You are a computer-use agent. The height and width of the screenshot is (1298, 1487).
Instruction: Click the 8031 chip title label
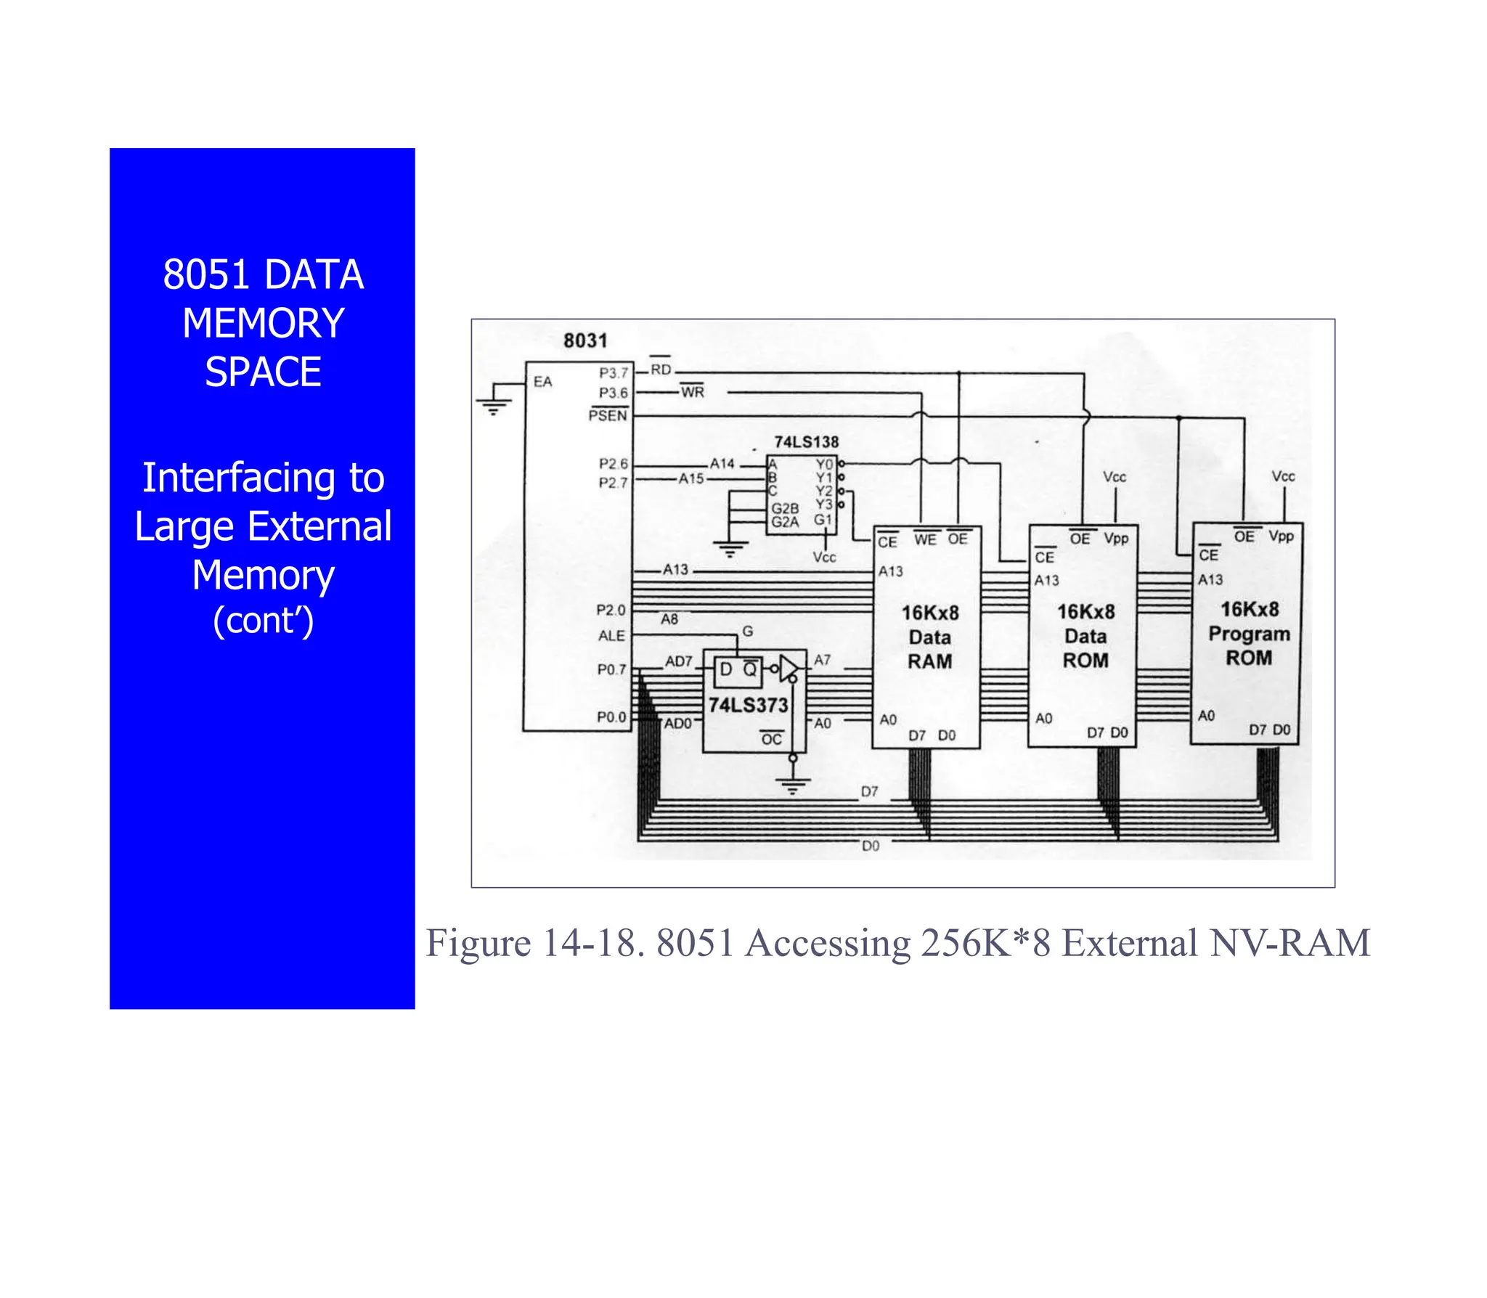(584, 340)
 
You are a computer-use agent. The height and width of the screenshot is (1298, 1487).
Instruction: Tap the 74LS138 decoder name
(806, 442)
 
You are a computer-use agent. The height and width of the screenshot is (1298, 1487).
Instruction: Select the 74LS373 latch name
(748, 705)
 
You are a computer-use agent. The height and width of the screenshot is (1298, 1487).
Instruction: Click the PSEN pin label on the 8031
(608, 415)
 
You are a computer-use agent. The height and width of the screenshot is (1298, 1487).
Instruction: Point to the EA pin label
(542, 382)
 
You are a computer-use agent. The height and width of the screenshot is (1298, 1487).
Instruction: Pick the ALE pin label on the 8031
(611, 636)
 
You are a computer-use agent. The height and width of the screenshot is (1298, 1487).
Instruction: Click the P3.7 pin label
(613, 373)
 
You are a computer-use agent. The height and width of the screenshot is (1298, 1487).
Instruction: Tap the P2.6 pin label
(613, 464)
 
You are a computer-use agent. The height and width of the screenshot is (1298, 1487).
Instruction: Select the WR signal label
(693, 392)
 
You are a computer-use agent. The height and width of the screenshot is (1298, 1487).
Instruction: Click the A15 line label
(691, 479)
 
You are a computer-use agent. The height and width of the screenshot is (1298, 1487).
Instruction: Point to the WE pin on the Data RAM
(925, 539)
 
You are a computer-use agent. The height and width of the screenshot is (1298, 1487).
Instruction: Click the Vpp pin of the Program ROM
(1281, 536)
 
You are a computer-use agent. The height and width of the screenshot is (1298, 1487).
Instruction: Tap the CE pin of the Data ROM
(1044, 557)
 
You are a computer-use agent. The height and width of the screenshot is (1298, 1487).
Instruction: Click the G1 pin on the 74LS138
(822, 520)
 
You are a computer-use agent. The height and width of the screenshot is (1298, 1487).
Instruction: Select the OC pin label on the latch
(771, 739)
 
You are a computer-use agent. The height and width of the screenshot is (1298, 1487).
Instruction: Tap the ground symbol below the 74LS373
(793, 785)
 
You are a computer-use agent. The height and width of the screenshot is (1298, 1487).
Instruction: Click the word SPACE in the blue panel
(263, 372)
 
